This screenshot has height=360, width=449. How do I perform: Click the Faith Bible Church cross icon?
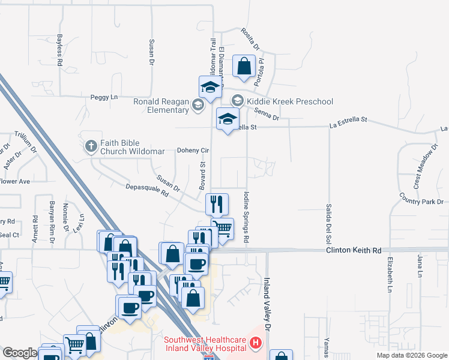tap(91, 145)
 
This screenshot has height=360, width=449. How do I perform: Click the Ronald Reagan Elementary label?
tap(162, 106)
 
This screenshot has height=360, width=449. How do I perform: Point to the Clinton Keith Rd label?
tap(354, 250)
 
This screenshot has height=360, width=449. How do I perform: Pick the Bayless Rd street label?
tap(60, 50)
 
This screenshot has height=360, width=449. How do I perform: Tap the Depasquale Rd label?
tap(147, 191)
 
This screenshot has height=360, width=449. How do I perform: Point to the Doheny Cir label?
tap(192, 151)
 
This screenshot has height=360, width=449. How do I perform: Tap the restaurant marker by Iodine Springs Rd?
tap(217, 204)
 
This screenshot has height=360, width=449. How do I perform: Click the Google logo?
tap(20, 353)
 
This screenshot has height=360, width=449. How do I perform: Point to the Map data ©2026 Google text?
tap(412, 355)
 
